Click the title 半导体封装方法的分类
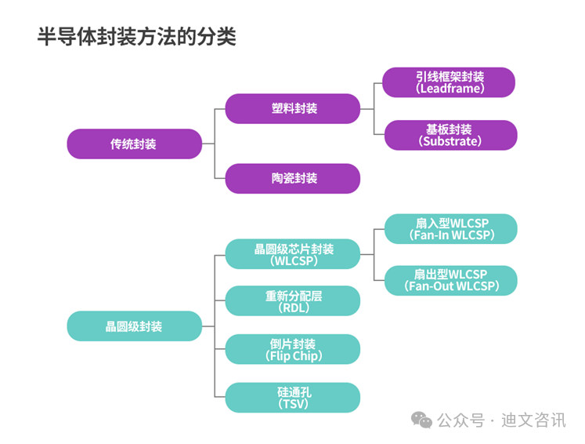(136, 37)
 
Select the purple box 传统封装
(134, 144)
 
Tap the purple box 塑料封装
(293, 109)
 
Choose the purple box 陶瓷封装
(293, 178)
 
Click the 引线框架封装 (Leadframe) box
(450, 82)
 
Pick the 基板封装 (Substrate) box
(450, 135)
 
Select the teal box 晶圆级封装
(134, 326)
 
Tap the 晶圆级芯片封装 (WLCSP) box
(293, 254)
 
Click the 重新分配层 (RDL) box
(293, 301)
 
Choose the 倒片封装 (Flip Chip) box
(293, 349)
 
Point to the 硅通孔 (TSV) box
(293, 398)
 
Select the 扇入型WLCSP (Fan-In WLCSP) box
(450, 229)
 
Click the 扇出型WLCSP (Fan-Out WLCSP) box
(450, 280)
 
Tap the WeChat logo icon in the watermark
(422, 420)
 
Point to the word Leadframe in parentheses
(450, 89)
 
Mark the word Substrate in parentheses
(450, 142)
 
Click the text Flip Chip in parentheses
(293, 356)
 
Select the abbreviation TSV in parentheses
(293, 404)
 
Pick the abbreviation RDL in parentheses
(293, 308)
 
